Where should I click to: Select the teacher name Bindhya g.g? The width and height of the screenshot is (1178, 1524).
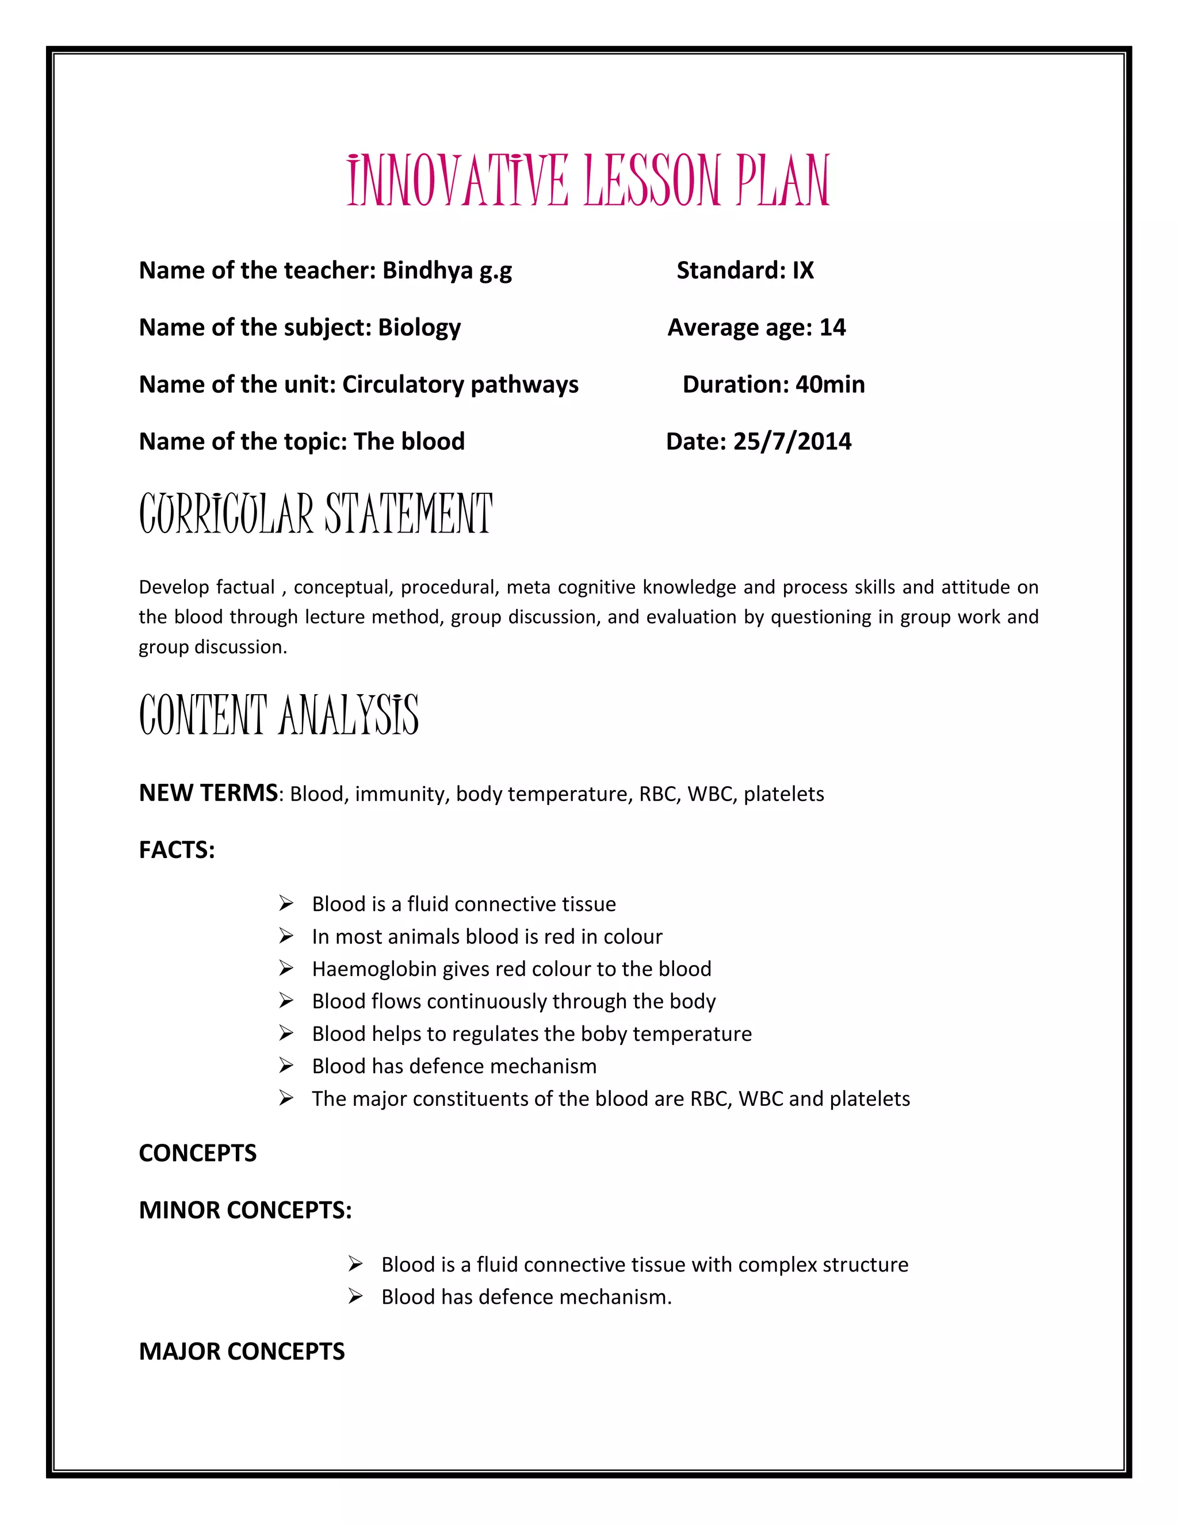[x=446, y=271]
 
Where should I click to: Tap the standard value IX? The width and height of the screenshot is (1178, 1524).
[x=802, y=271]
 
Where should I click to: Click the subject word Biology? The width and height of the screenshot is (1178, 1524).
[x=419, y=328]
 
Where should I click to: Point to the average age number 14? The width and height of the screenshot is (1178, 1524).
[x=832, y=327]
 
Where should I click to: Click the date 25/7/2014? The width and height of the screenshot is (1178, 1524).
[x=792, y=442]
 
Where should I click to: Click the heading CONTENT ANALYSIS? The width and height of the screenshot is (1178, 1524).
[x=278, y=715]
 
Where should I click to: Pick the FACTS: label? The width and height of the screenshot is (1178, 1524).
[x=177, y=850]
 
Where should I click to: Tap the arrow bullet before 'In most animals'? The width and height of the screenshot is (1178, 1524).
[x=286, y=936]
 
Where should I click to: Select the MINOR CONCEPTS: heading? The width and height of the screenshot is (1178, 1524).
[x=245, y=1210]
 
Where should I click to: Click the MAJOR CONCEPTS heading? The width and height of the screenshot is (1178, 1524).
[x=242, y=1351]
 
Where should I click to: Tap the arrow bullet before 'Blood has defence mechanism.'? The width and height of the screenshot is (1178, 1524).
[x=355, y=1296]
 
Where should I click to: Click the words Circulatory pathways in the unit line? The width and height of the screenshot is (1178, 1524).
[x=460, y=385]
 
